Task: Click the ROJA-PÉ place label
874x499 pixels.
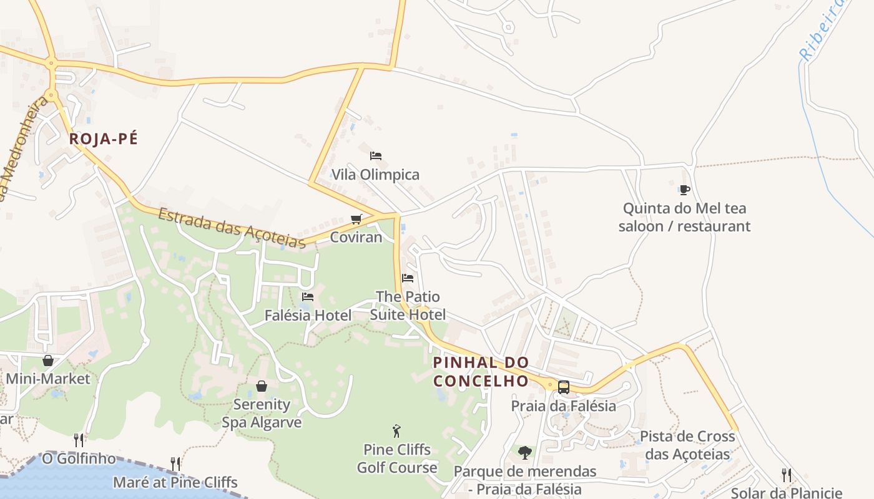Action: (103, 138)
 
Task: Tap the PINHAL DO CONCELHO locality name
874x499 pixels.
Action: (481, 371)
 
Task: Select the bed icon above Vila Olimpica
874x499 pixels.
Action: (375, 156)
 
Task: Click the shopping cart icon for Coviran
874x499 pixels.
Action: (356, 219)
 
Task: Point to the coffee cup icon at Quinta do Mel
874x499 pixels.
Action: (684, 190)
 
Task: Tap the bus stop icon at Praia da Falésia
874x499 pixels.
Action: (563, 387)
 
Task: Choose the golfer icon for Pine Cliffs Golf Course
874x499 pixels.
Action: (396, 431)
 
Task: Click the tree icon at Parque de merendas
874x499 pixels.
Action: (525, 452)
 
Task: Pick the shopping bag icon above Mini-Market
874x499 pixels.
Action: (48, 361)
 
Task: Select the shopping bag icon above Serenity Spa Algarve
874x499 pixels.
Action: (262, 386)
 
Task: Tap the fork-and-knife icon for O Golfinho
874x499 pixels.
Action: (79, 440)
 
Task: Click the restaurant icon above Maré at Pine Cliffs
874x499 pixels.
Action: (175, 464)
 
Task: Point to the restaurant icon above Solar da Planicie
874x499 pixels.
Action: (787, 475)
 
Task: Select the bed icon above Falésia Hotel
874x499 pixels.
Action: (308, 297)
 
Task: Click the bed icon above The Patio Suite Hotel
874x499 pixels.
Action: (408, 278)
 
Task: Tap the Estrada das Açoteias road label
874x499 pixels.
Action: (231, 228)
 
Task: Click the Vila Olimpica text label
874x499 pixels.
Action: (375, 175)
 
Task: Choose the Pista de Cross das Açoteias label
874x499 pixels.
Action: (687, 445)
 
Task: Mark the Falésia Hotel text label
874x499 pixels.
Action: (308, 316)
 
